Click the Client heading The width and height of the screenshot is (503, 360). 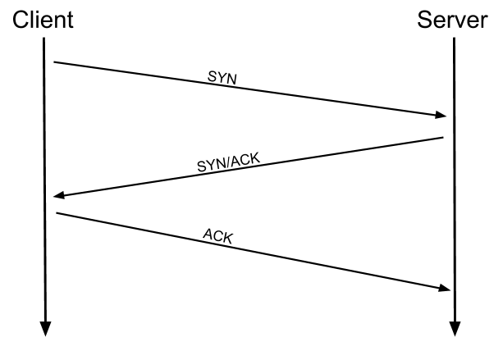(43, 19)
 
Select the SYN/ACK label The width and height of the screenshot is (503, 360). (226, 161)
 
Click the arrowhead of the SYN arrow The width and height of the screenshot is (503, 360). (441, 116)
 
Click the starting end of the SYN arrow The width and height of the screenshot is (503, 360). (54, 62)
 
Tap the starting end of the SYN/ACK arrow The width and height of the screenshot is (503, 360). (443, 138)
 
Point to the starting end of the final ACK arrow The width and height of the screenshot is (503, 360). (57, 214)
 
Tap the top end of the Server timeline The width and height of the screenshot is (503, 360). (454, 39)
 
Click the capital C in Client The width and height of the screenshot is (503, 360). (20, 19)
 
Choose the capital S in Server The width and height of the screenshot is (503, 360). (425, 19)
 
